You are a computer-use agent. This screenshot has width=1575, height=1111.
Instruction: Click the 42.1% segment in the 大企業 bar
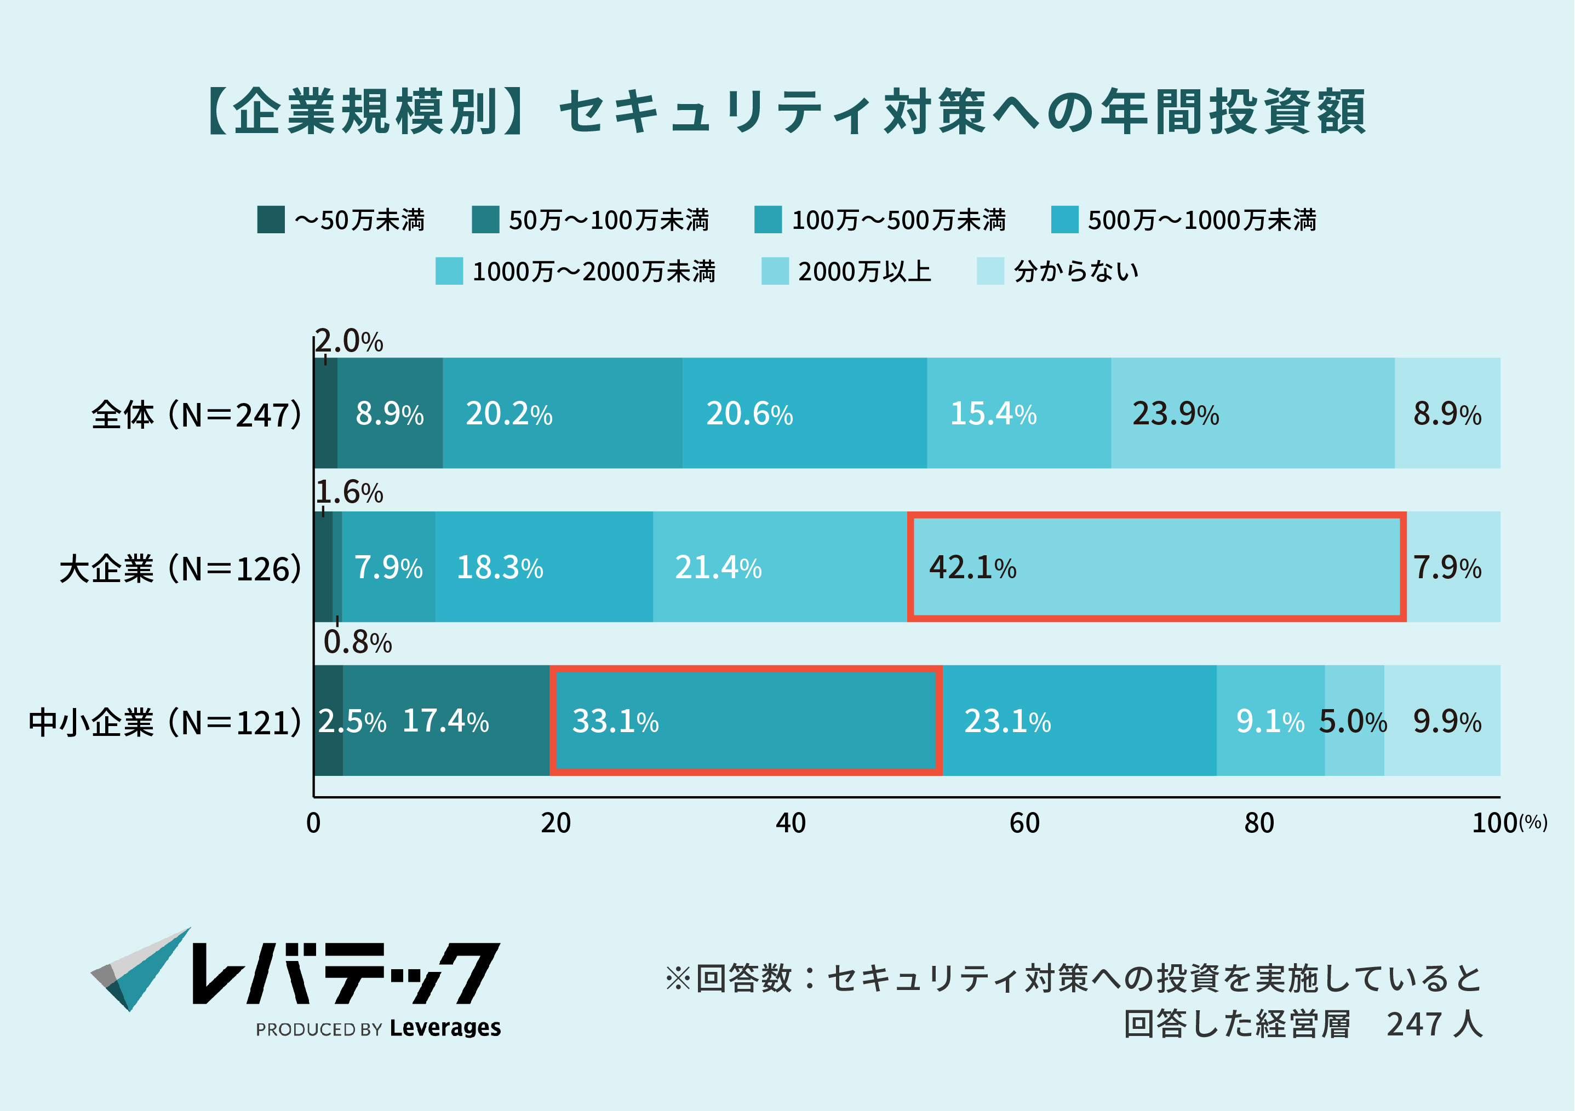click(1156, 567)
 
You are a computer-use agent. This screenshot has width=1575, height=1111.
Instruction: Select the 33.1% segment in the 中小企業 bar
click(746, 720)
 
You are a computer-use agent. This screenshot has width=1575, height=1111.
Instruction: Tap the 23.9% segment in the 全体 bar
click(1252, 413)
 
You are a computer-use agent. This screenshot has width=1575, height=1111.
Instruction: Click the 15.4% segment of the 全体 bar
click(1018, 413)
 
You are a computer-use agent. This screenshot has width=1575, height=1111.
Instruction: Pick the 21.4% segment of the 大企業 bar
click(780, 567)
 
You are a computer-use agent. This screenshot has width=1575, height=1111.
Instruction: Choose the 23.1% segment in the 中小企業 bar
click(1079, 720)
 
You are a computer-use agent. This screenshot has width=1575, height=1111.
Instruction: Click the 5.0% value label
click(1353, 722)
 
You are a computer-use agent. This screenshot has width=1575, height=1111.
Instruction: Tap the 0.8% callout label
click(357, 643)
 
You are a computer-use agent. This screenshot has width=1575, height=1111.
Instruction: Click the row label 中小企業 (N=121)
click(165, 722)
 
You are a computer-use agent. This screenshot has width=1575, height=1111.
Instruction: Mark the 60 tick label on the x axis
click(1024, 823)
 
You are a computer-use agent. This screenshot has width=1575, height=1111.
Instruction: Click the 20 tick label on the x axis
click(555, 823)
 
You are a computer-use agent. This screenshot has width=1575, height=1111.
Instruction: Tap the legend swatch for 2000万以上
click(775, 271)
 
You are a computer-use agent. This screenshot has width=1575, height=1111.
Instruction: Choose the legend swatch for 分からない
click(990, 271)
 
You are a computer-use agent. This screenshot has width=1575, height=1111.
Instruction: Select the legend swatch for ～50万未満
click(271, 220)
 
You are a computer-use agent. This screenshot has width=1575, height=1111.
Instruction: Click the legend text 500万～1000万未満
click(1202, 220)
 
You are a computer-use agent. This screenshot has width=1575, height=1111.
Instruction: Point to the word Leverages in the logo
click(445, 1027)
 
